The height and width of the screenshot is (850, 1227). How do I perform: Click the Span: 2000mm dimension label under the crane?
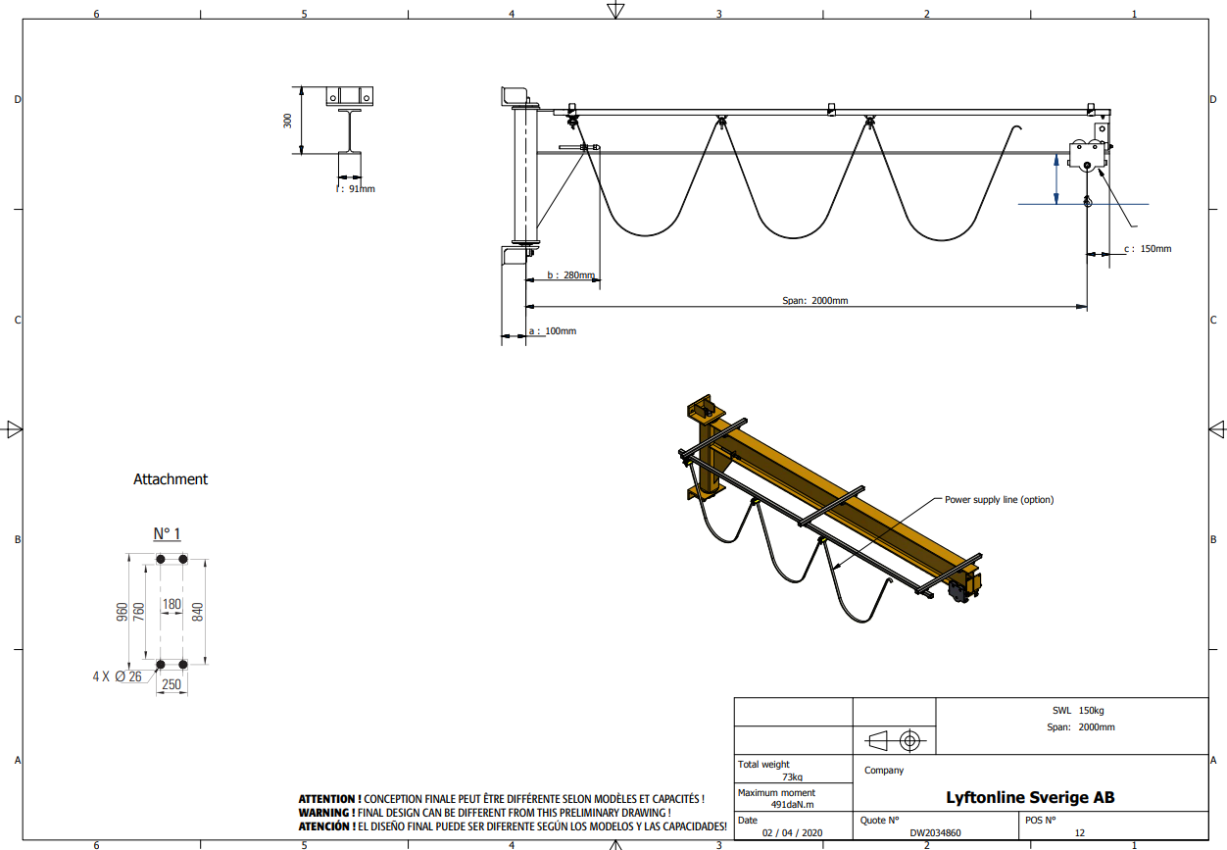tap(814, 300)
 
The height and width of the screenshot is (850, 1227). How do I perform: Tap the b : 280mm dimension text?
tap(570, 275)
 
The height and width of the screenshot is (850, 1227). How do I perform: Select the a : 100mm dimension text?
tap(553, 331)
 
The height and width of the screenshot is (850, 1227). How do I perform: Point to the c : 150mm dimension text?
tap(1148, 249)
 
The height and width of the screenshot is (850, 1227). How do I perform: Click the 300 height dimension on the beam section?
tap(287, 121)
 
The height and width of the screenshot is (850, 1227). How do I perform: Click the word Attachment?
tap(171, 479)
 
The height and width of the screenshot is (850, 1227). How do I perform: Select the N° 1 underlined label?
tap(167, 533)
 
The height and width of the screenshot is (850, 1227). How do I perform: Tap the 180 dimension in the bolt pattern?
tap(172, 604)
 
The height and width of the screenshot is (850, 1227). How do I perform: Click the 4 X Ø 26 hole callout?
tap(118, 676)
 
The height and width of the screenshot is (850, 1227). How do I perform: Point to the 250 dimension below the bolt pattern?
tap(172, 684)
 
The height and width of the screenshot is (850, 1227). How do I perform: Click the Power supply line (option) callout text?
tap(999, 500)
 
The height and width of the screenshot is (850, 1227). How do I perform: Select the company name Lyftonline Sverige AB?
tap(1030, 797)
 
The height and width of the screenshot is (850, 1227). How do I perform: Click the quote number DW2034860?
tap(935, 833)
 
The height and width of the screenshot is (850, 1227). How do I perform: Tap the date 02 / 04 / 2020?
tap(792, 833)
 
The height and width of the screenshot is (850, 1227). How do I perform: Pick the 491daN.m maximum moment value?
tap(792, 805)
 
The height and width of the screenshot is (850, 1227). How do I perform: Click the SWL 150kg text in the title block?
tap(1078, 710)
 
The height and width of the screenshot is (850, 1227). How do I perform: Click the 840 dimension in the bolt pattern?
tap(198, 612)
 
